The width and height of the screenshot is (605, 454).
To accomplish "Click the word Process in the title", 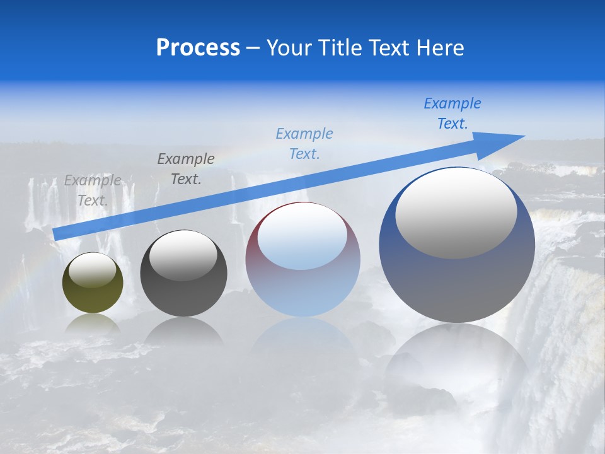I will [x=198, y=48].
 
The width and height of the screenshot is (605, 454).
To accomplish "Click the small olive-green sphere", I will [x=93, y=290].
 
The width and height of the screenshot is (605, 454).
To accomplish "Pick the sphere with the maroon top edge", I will [x=302, y=277].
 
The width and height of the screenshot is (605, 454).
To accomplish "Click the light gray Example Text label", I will [x=93, y=190].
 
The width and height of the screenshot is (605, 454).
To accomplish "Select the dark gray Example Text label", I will [x=186, y=169].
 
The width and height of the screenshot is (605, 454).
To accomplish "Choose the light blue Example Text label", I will [x=304, y=144].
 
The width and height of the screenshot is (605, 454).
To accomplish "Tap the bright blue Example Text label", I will [x=452, y=113].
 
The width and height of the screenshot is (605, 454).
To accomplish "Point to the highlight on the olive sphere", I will [x=92, y=270].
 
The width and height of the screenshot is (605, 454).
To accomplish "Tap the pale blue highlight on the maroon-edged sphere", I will [x=302, y=236].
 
